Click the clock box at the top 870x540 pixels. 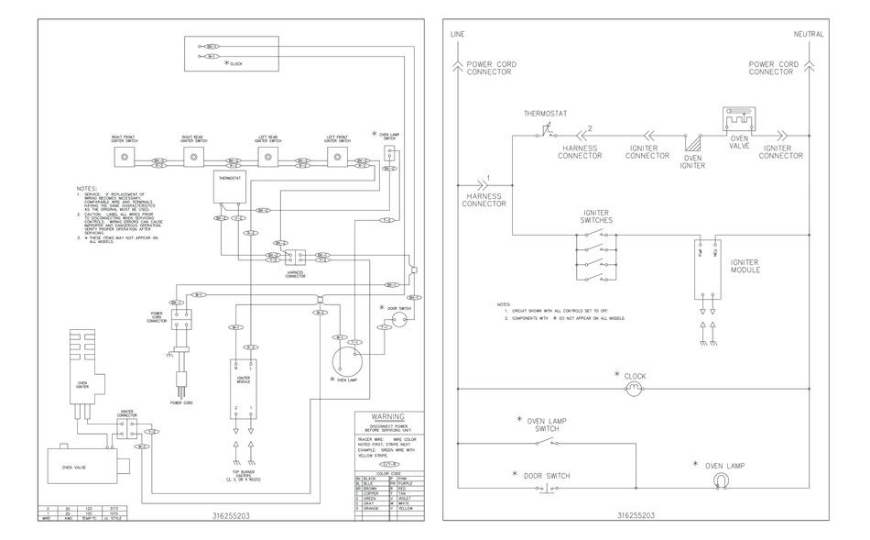pos(231,53)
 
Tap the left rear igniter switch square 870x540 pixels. pos(266,159)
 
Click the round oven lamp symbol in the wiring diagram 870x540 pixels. pos(345,358)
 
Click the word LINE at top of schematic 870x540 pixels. pos(458,34)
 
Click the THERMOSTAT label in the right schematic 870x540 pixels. pos(545,114)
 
